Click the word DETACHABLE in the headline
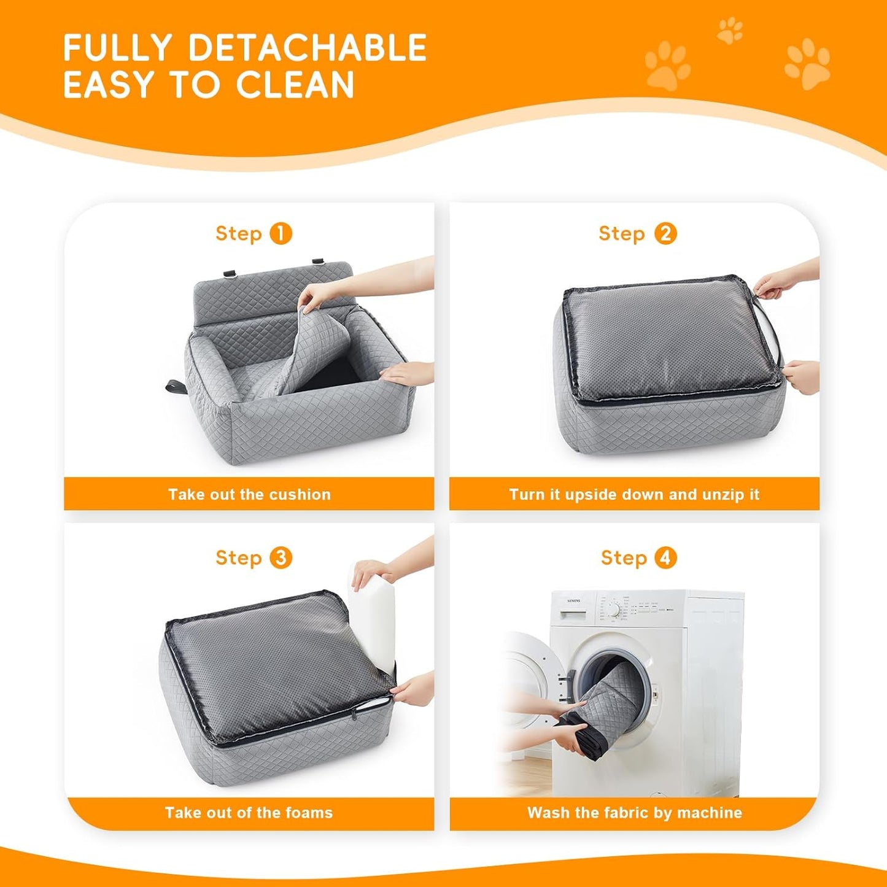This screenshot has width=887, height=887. (307, 48)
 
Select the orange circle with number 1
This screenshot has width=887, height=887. (281, 234)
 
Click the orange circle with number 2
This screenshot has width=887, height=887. (665, 234)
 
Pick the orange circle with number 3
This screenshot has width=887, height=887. (281, 558)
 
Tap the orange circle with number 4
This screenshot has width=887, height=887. (665, 558)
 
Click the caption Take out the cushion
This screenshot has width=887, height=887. (249, 494)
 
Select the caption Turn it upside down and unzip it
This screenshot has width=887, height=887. (634, 494)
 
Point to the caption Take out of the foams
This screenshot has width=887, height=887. (249, 813)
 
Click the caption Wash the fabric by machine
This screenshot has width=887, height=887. (634, 813)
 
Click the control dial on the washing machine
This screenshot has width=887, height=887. (613, 610)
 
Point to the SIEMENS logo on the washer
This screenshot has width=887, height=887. (572, 601)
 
